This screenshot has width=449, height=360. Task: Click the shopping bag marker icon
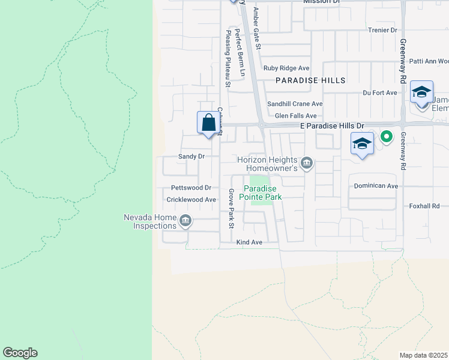[x=208, y=123]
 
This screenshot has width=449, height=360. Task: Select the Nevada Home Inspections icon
[x=185, y=222]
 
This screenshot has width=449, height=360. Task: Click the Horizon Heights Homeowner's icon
[x=307, y=163]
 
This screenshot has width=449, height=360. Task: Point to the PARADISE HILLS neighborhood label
[x=310, y=80]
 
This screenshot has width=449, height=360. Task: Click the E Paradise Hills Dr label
[x=332, y=126]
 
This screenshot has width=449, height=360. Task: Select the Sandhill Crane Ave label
[x=295, y=104]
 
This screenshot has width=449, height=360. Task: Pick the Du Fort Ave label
[x=380, y=93]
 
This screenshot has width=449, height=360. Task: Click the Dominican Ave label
[x=376, y=186]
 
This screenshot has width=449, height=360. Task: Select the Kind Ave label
[x=249, y=242]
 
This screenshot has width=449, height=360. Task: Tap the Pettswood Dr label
[x=191, y=188]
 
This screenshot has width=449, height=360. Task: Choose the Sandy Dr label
[x=191, y=156]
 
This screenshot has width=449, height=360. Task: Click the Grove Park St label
[x=231, y=209]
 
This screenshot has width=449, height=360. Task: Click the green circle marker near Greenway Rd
[x=387, y=137]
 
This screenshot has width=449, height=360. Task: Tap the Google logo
[x=20, y=353]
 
